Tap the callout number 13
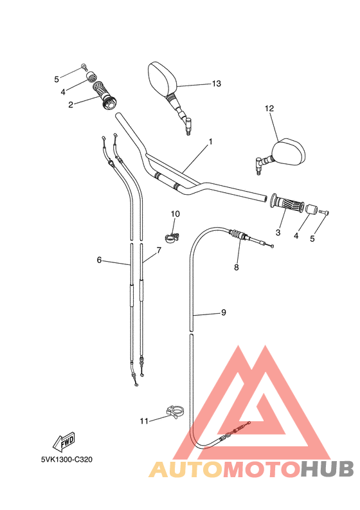[x=216, y=84]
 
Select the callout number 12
[x=269, y=109]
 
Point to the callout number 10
[x=175, y=214]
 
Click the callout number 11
[x=143, y=421]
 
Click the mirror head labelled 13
[x=161, y=77]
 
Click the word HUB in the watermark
[x=327, y=470]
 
